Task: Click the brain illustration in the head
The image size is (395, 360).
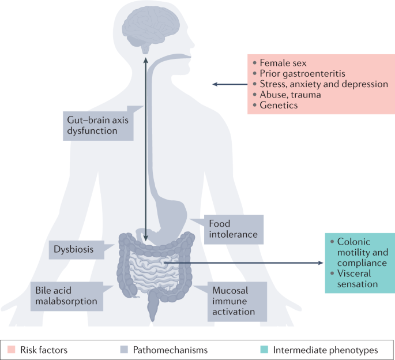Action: coord(145,28)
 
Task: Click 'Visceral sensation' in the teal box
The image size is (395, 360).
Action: coord(358,279)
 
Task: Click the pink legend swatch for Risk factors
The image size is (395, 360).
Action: coord(11,349)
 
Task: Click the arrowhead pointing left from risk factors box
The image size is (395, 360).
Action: coord(215,85)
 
